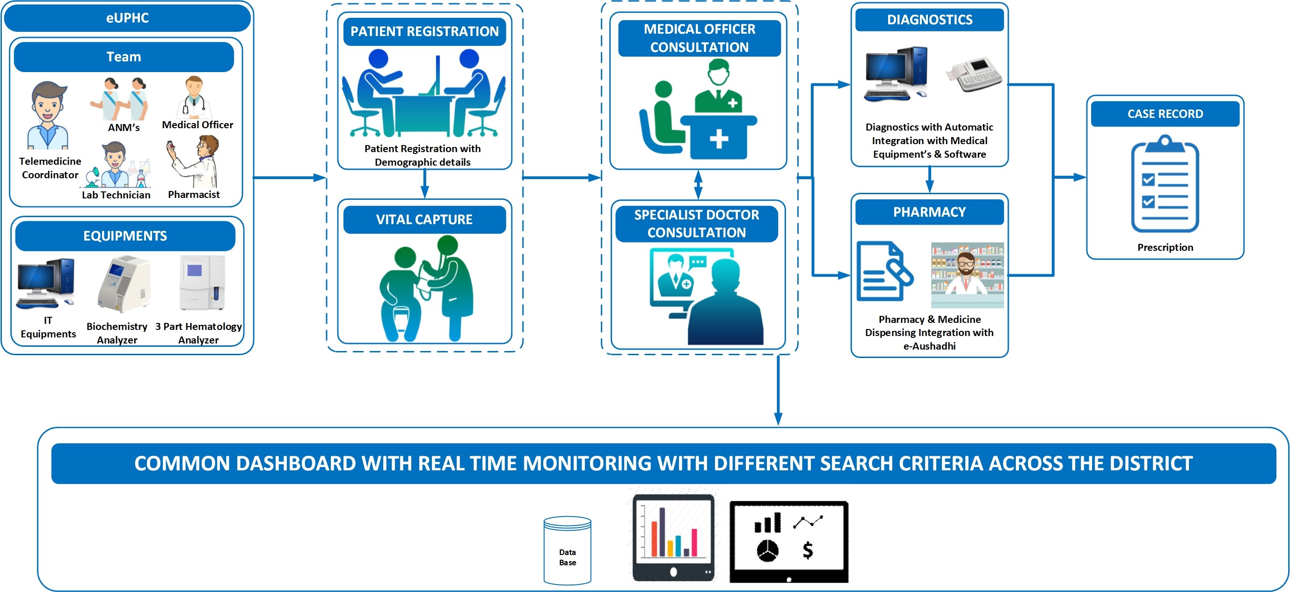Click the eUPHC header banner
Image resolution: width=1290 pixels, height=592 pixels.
click(127, 18)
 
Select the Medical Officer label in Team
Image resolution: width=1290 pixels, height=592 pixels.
click(197, 124)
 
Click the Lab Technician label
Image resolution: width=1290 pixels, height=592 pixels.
click(116, 195)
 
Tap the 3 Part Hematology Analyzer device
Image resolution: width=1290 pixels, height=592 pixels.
click(202, 283)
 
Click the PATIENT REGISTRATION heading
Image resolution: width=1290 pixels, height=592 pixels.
click(424, 31)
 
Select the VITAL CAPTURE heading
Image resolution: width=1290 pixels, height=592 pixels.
click(424, 219)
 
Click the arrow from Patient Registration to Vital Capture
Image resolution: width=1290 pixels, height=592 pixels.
click(425, 184)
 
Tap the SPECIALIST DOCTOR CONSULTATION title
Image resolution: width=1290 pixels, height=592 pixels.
click(696, 223)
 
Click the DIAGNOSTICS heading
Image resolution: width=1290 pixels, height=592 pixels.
click(929, 20)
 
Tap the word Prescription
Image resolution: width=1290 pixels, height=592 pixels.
click(1165, 248)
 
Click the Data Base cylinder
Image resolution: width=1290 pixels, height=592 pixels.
click(568, 550)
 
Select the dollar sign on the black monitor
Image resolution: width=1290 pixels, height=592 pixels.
click(807, 550)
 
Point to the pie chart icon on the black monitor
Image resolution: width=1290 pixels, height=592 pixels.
click(767, 550)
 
